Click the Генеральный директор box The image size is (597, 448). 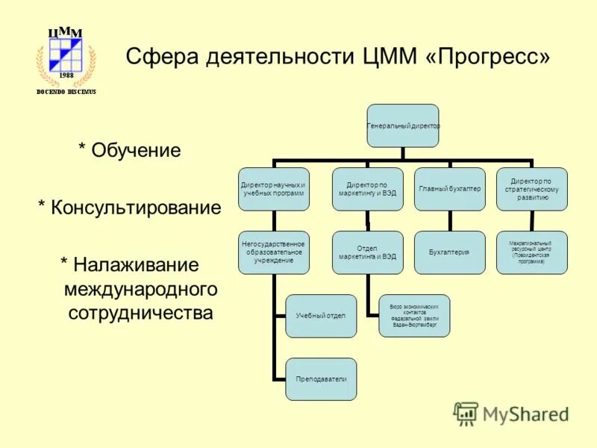click(x=403, y=125)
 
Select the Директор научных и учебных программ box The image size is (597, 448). click(x=274, y=189)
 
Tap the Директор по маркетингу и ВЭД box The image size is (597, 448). click(x=367, y=189)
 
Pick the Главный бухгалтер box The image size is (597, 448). click(x=449, y=189)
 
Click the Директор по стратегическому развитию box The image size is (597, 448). click(x=531, y=189)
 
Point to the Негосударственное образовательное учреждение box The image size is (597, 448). click(x=274, y=252)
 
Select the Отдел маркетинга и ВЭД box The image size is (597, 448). click(x=367, y=252)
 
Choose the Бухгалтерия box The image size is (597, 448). click(x=449, y=252)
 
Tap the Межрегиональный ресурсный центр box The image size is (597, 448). click(x=531, y=252)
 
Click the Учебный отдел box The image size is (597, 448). click(x=321, y=316)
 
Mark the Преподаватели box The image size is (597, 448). click(x=321, y=379)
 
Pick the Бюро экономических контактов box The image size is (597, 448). click(x=414, y=316)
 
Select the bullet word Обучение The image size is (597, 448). click(x=136, y=151)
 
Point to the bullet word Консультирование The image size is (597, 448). click(x=136, y=208)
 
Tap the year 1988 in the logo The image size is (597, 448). click(x=66, y=75)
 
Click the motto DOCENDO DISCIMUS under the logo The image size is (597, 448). click(x=66, y=92)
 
